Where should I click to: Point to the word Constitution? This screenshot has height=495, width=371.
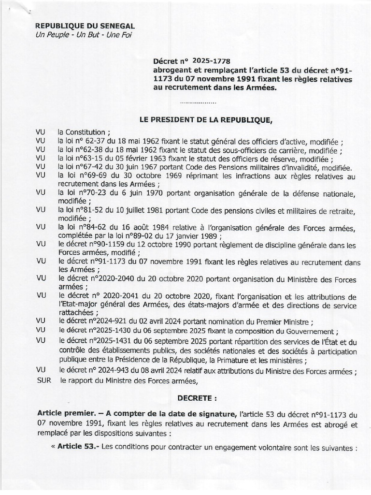tap(84, 132)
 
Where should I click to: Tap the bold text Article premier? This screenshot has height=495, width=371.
tap(63, 414)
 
